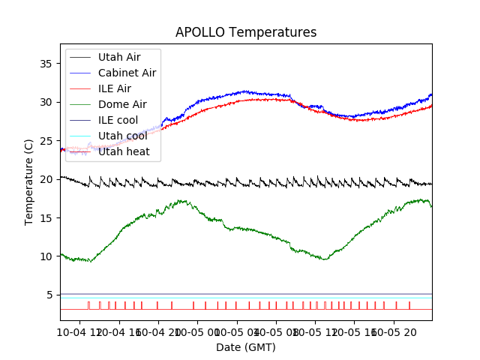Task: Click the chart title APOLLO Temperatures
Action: [246, 32]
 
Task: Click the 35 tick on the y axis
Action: [45, 64]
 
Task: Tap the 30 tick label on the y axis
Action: [45, 102]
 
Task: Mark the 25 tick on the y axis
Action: [45, 141]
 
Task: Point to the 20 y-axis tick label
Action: [45, 179]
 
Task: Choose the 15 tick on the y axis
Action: [45, 217]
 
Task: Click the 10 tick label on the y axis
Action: [45, 256]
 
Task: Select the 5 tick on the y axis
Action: [48, 295]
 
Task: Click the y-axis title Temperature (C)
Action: [29, 181]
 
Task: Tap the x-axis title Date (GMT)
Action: [246, 347]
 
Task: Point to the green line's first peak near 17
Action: [181, 200]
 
